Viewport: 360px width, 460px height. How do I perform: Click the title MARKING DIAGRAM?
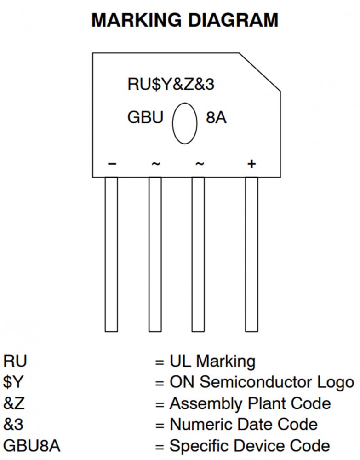pyautogui.click(x=185, y=21)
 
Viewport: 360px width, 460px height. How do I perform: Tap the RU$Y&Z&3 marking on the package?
pyautogui.click(x=171, y=85)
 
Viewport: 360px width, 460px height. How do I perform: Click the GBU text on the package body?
pyautogui.click(x=145, y=118)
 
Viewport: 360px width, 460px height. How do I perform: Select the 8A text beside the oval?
pyautogui.click(x=216, y=118)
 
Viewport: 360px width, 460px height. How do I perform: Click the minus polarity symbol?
pyautogui.click(x=111, y=164)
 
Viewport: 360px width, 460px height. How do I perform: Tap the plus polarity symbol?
pyautogui.click(x=251, y=164)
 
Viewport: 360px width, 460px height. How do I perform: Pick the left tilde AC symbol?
pyautogui.click(x=155, y=164)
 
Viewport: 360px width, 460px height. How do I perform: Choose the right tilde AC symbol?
pyautogui.click(x=199, y=164)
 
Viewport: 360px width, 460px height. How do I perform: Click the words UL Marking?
pyautogui.click(x=212, y=362)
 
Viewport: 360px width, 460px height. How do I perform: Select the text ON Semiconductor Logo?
pyautogui.click(x=262, y=382)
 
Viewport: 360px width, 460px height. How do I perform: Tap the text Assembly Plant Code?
pyautogui.click(x=250, y=403)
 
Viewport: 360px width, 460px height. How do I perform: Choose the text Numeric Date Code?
pyautogui.click(x=243, y=424)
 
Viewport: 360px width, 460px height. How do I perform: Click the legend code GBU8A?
pyautogui.click(x=32, y=445)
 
